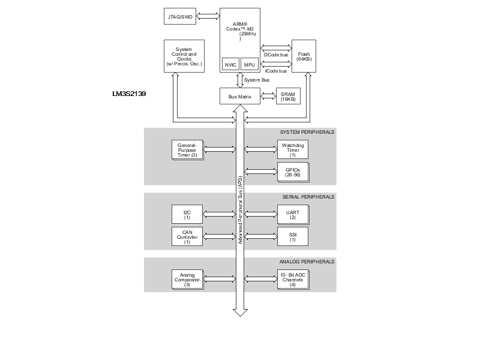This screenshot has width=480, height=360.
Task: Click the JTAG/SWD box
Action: (179, 16)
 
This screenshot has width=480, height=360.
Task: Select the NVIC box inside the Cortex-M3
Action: (230, 64)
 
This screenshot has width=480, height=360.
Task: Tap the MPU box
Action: (250, 64)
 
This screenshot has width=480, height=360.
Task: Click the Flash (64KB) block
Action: (304, 56)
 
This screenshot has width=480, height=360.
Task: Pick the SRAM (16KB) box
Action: (288, 96)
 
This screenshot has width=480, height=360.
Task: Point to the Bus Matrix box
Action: (240, 96)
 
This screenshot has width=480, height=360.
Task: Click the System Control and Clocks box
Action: (184, 56)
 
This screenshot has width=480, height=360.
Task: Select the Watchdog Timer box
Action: (293, 149)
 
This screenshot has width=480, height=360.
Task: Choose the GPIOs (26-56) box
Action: (293, 172)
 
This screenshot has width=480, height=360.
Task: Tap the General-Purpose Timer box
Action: (187, 150)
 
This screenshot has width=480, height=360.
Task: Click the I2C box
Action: (187, 214)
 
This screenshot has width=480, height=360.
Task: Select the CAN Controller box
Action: (187, 236)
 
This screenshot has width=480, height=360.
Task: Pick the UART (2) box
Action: (293, 215)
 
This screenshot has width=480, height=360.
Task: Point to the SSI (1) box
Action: (293, 236)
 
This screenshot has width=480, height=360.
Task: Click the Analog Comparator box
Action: (187, 280)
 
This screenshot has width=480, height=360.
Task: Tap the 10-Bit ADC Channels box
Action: (293, 280)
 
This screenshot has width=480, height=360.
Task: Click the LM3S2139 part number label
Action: (129, 94)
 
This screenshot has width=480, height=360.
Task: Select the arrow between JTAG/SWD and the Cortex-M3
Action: (208, 16)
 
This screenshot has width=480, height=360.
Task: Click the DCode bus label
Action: (276, 55)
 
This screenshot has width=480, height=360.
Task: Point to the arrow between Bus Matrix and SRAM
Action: (268, 96)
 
